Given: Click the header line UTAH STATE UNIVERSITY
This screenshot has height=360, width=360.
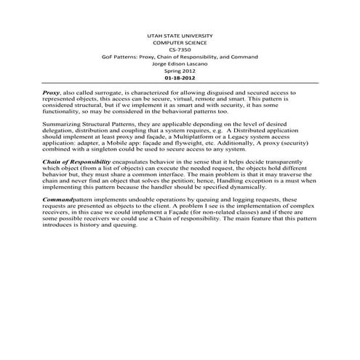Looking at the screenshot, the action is (180, 34).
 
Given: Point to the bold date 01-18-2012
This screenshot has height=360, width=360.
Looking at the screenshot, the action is (180, 76).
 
